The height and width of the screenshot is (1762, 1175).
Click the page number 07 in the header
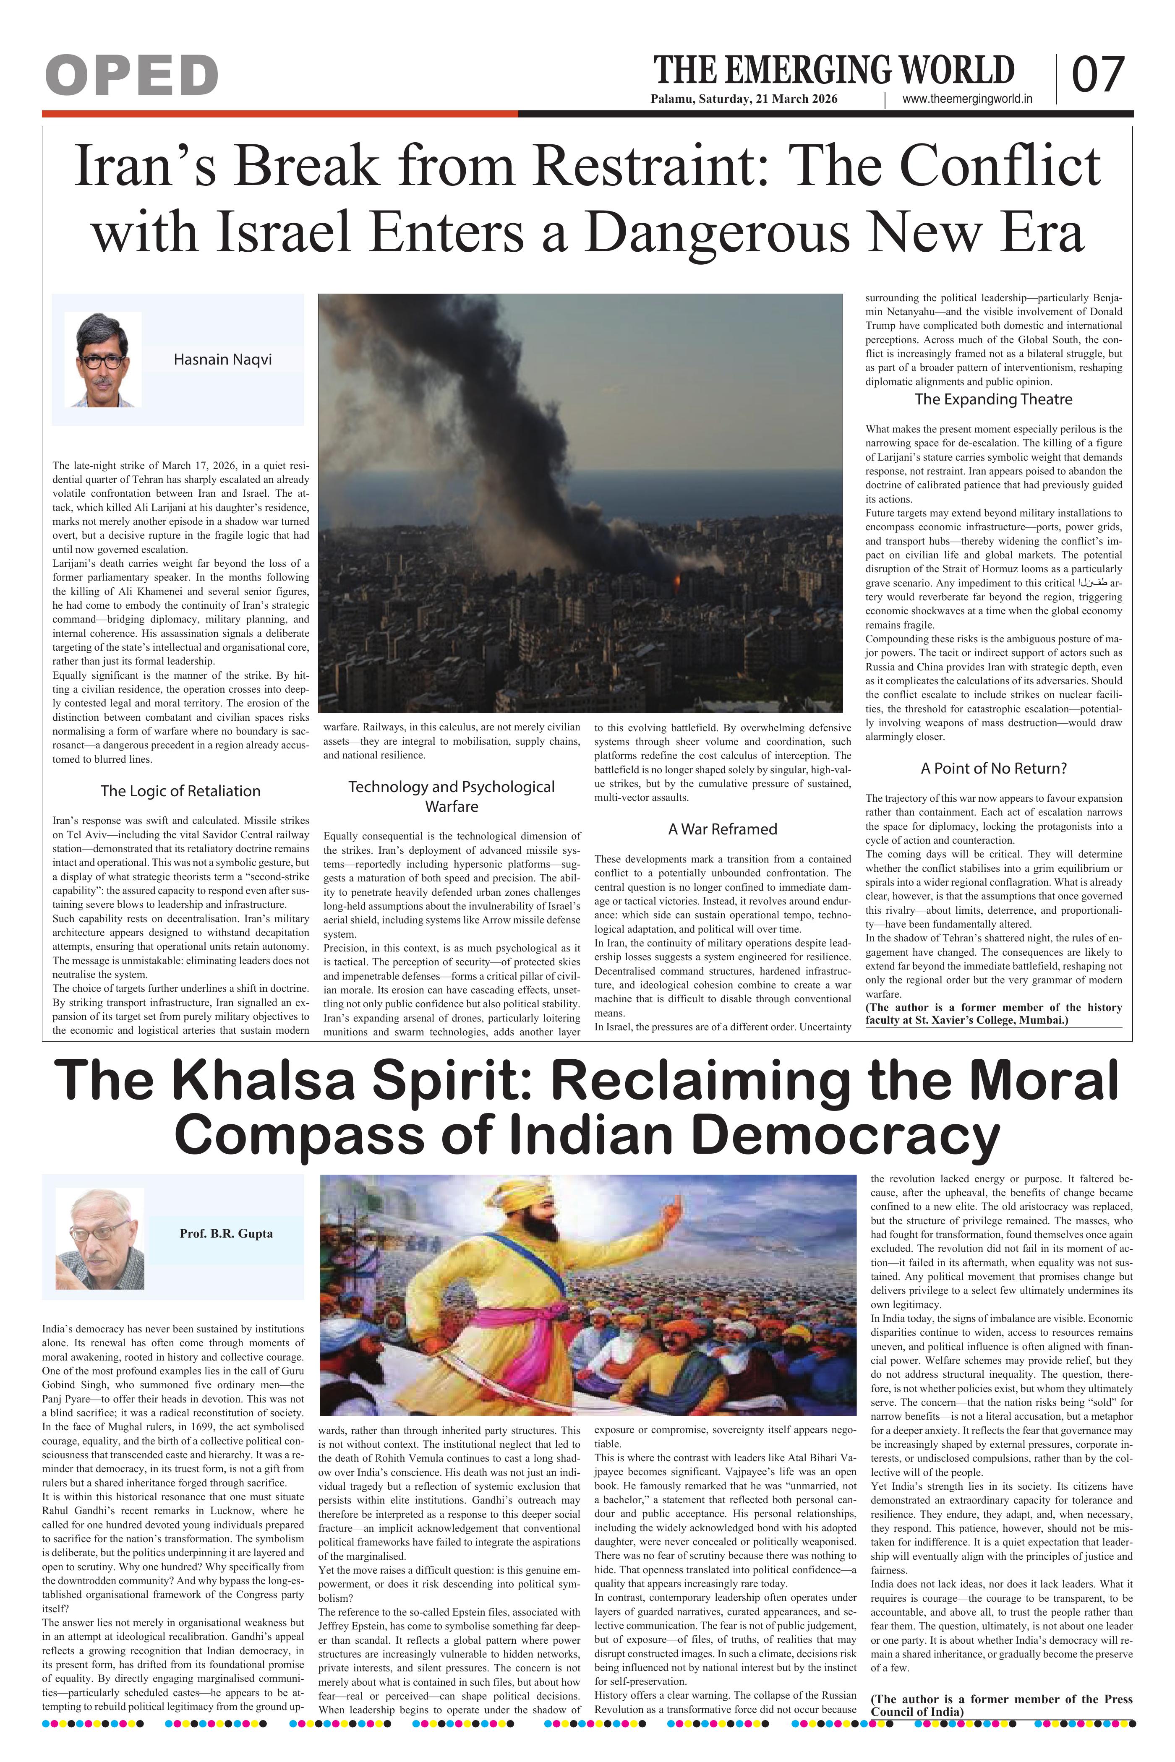1098,76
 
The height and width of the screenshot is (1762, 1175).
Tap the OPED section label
132,76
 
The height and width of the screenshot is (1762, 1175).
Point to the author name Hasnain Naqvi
222,360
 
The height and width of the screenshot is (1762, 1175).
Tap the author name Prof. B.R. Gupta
226,1234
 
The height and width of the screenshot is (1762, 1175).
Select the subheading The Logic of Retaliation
180,791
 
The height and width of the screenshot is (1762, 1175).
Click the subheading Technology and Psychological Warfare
452,796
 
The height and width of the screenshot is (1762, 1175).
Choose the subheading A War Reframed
722,829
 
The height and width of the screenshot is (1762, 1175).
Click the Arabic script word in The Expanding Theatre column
1093,583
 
